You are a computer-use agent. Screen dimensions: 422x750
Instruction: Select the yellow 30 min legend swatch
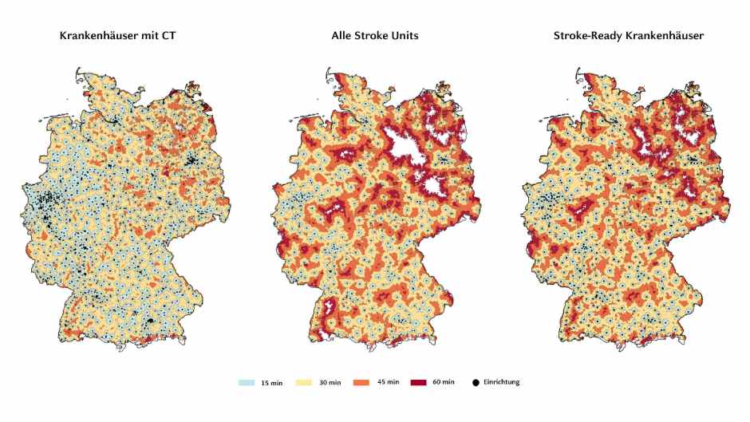(303, 383)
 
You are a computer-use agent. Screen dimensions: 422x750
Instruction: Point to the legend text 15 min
(270, 383)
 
